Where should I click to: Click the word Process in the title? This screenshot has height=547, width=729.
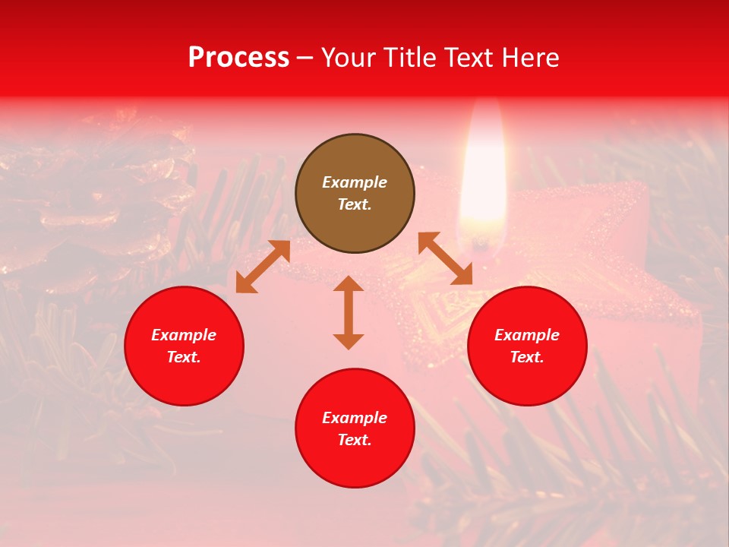coord(238,58)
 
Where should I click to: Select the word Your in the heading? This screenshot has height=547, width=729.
coord(349,58)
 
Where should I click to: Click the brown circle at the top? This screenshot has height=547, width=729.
coord(355,193)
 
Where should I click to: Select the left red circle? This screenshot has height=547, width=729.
coord(184,346)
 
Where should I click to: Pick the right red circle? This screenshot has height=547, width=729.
coord(527,346)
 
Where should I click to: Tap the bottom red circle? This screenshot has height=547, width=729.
coord(355,428)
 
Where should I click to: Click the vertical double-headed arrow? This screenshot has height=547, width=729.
coord(349,312)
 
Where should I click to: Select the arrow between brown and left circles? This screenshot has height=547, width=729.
coord(264,267)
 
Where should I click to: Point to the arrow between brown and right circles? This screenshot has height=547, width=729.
coord(445,258)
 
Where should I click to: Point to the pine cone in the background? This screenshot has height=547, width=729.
coord(91,205)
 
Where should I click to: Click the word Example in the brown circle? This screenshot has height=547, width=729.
coord(355,182)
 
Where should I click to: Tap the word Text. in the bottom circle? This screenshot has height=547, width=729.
coord(355,440)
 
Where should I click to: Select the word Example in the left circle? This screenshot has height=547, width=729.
coord(184,335)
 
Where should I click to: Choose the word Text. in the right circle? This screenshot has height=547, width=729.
coord(527,357)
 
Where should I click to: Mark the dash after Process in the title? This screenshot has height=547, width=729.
coord(305,58)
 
